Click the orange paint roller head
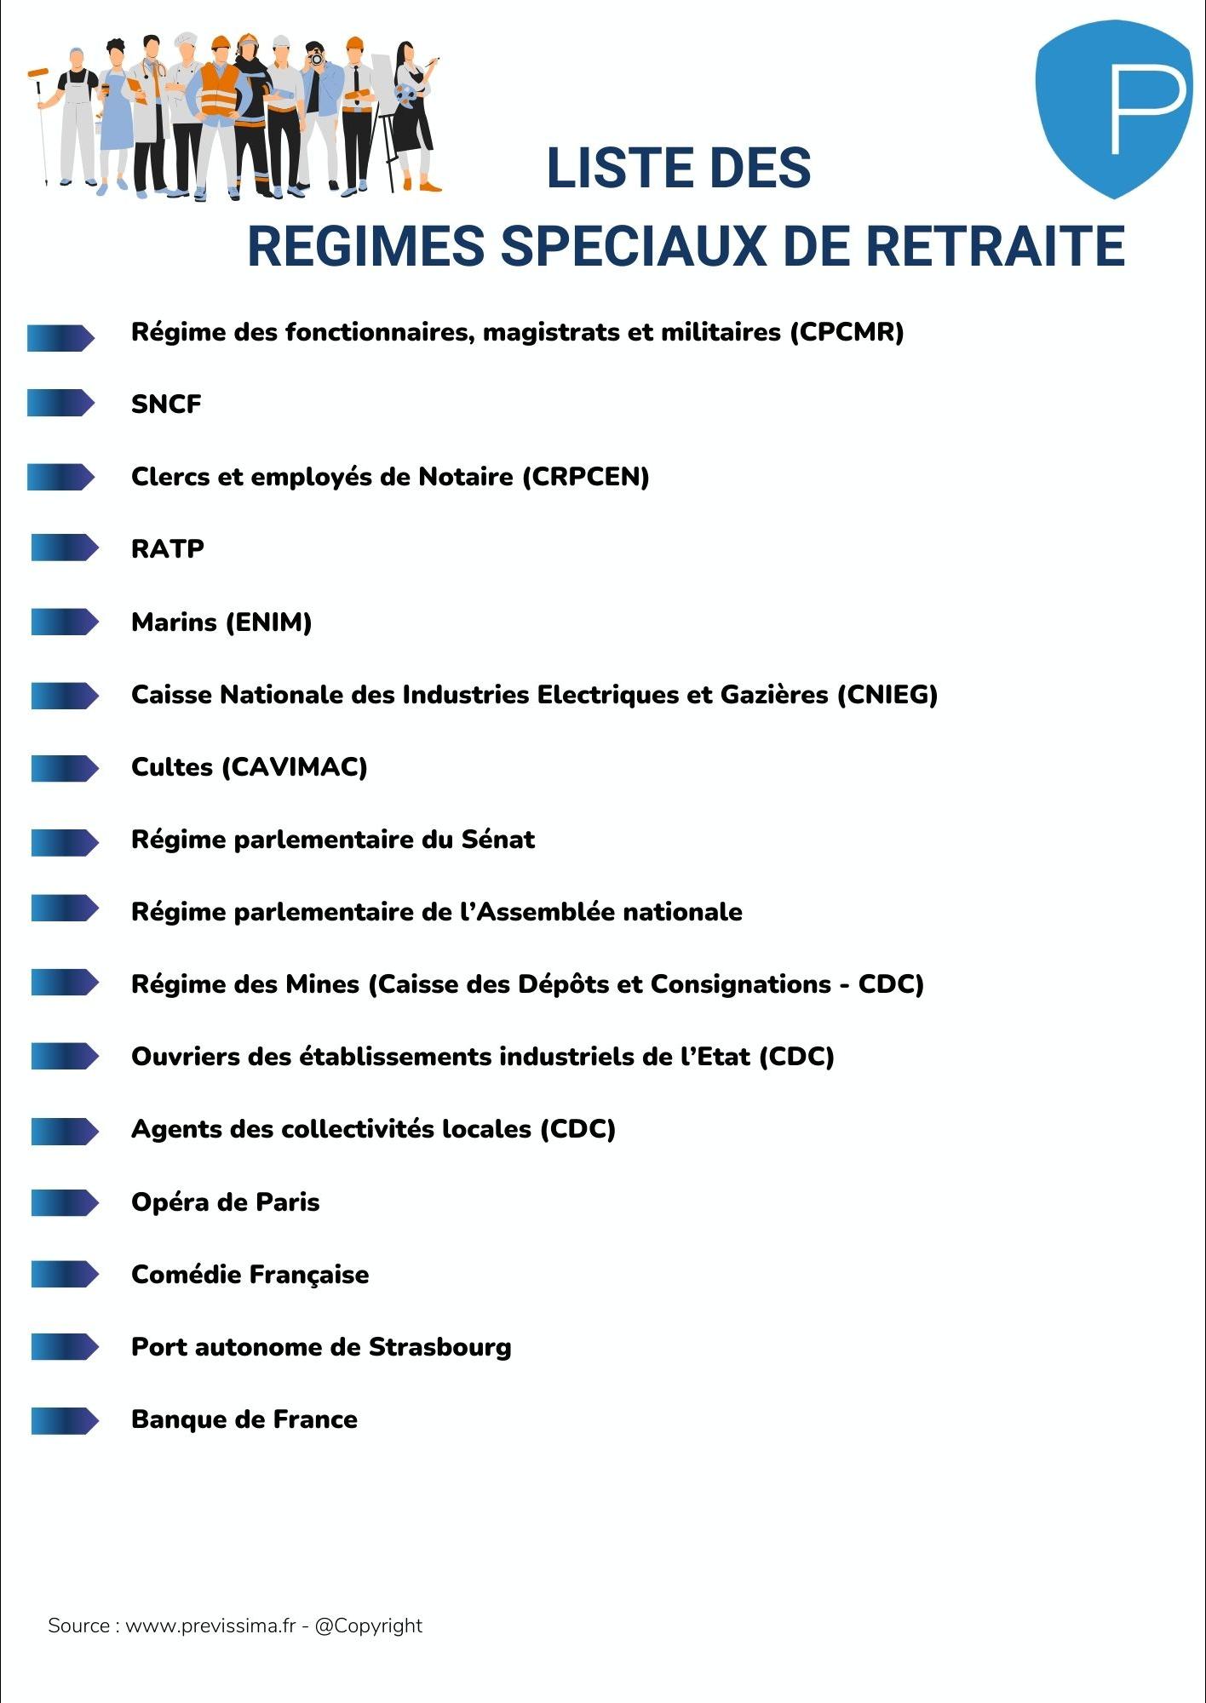[37, 72]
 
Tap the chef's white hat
[186, 40]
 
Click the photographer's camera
[316, 59]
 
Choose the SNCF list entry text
[166, 404]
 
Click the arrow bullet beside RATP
[64, 548]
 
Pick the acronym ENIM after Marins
[268, 622]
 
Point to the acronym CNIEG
[887, 695]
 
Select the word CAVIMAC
[295, 767]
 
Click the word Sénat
[498, 840]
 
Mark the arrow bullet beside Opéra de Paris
[64, 1202]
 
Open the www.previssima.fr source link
[210, 1626]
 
